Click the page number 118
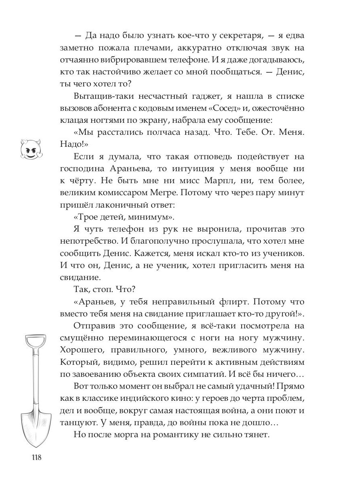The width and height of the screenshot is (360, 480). tap(34, 457)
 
